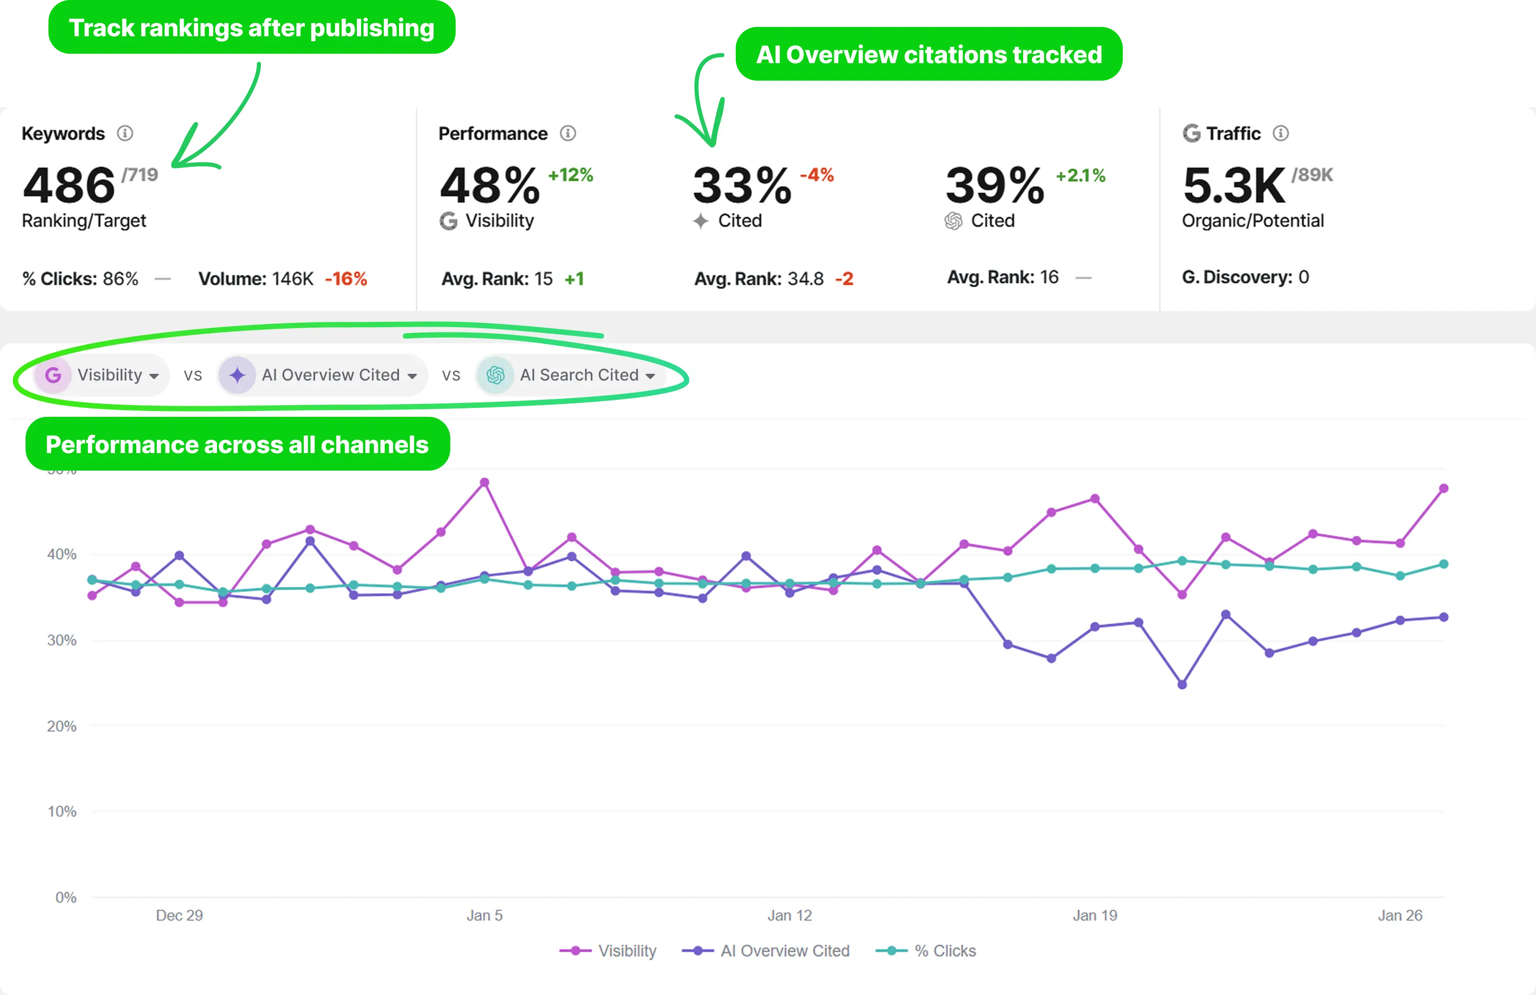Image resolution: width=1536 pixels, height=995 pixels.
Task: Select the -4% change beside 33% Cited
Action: [816, 175]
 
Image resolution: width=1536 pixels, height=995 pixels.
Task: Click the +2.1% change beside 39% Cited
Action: [1080, 176]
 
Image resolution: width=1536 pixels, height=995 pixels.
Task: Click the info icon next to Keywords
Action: [125, 134]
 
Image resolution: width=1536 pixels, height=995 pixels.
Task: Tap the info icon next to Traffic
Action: [1280, 134]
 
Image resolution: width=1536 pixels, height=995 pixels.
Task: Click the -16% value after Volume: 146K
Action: [346, 279]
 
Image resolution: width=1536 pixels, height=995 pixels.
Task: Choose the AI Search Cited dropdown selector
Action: [571, 375]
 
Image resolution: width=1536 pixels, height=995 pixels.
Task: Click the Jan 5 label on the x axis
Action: [484, 915]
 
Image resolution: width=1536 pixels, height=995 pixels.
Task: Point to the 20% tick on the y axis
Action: [61, 726]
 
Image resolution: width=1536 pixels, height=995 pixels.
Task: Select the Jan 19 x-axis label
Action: [1094, 915]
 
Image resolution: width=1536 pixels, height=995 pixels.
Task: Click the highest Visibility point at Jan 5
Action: [485, 483]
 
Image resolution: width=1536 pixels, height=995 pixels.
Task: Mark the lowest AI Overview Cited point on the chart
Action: [1182, 685]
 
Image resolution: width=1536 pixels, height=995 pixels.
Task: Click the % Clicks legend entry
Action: [926, 951]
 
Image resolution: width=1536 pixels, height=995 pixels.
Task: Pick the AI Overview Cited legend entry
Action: [766, 951]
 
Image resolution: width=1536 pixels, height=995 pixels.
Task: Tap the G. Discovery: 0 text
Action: [1245, 277]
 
